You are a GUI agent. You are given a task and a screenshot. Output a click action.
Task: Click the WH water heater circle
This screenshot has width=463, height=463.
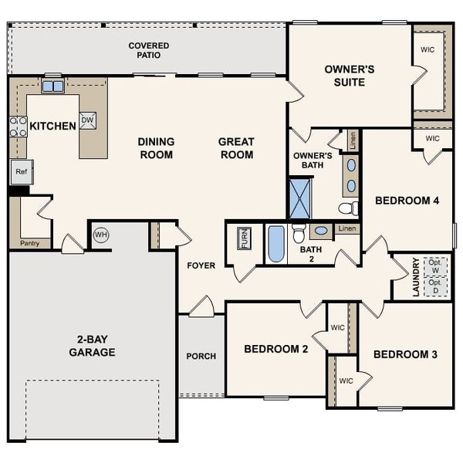click(101, 234)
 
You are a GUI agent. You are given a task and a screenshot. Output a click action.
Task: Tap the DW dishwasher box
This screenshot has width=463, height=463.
click(88, 120)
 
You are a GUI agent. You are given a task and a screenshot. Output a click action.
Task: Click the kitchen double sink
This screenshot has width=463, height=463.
click(52, 86)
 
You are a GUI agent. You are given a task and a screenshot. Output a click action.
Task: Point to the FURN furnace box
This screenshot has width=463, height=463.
click(244, 238)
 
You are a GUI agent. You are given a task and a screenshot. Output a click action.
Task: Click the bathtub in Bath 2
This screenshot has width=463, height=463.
click(276, 244)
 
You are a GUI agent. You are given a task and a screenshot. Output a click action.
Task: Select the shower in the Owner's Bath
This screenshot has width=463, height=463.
click(299, 198)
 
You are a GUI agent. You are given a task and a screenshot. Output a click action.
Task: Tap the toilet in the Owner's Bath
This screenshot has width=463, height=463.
click(348, 208)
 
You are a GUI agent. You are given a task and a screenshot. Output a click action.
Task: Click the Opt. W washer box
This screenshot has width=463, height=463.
click(436, 265)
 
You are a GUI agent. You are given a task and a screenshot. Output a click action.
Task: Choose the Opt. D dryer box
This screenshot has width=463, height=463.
click(436, 286)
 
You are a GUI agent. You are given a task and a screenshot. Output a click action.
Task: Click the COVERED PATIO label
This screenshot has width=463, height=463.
click(149, 51)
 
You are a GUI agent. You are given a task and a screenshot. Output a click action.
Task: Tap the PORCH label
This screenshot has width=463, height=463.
click(201, 357)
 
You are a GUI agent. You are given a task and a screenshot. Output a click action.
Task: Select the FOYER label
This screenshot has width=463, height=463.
click(201, 265)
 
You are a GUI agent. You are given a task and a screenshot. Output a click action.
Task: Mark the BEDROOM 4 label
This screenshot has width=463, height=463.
click(407, 201)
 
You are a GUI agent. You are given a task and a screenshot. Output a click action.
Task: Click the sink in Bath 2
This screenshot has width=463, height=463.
click(321, 231)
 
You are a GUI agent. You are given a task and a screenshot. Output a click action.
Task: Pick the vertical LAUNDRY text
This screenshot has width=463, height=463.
click(416, 277)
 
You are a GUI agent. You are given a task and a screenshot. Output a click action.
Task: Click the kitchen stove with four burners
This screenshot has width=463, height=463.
click(17, 127)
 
